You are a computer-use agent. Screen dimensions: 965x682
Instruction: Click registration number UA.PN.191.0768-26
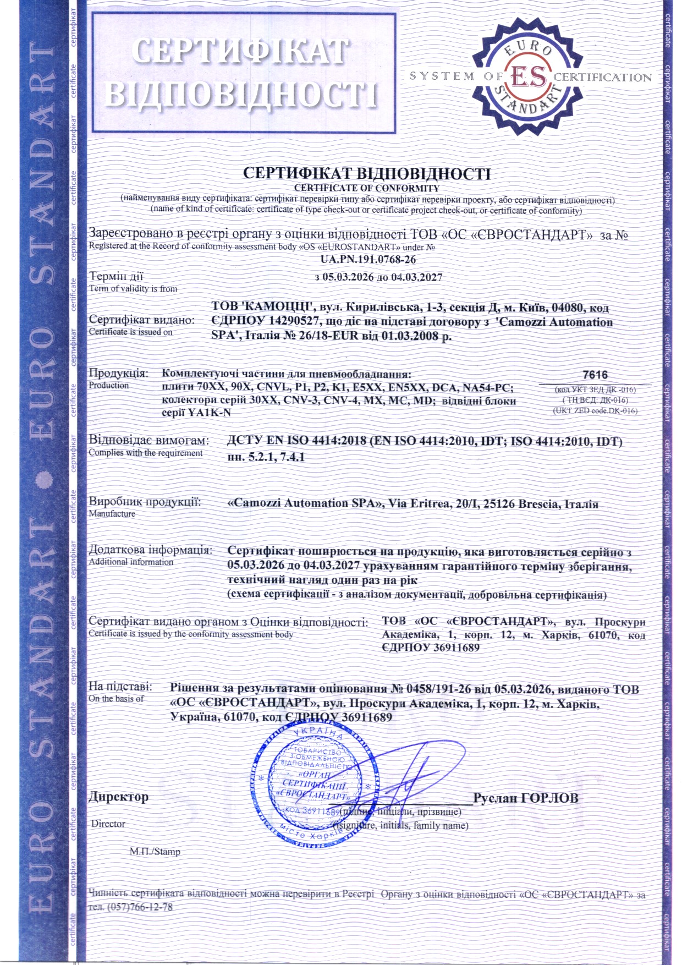(x=368, y=259)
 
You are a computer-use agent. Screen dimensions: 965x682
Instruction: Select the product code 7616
(x=595, y=375)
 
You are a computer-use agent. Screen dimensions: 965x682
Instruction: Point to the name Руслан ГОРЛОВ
(x=526, y=798)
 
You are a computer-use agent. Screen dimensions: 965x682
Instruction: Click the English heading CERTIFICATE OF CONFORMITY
(x=366, y=188)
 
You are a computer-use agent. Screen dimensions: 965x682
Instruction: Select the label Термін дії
(x=116, y=276)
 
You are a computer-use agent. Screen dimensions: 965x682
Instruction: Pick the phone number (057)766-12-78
(x=140, y=907)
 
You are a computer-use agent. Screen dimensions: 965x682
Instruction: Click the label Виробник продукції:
(x=145, y=502)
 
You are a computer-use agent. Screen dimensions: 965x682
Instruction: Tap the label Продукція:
(x=119, y=373)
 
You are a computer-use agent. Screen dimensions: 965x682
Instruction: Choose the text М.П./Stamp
(x=155, y=852)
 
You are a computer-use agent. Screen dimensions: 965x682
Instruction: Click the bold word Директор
(x=119, y=797)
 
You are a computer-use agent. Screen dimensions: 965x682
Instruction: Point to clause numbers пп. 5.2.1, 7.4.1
(x=266, y=457)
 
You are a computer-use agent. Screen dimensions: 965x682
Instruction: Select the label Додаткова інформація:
(x=151, y=550)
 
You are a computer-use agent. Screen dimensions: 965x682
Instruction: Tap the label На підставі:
(x=120, y=687)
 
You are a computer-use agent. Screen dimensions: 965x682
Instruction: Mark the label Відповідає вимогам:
(x=150, y=441)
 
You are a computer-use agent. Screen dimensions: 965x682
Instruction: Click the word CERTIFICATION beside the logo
(x=602, y=77)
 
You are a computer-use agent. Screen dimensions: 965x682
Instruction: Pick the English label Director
(x=108, y=824)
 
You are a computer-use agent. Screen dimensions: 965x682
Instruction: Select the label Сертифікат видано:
(x=142, y=320)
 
